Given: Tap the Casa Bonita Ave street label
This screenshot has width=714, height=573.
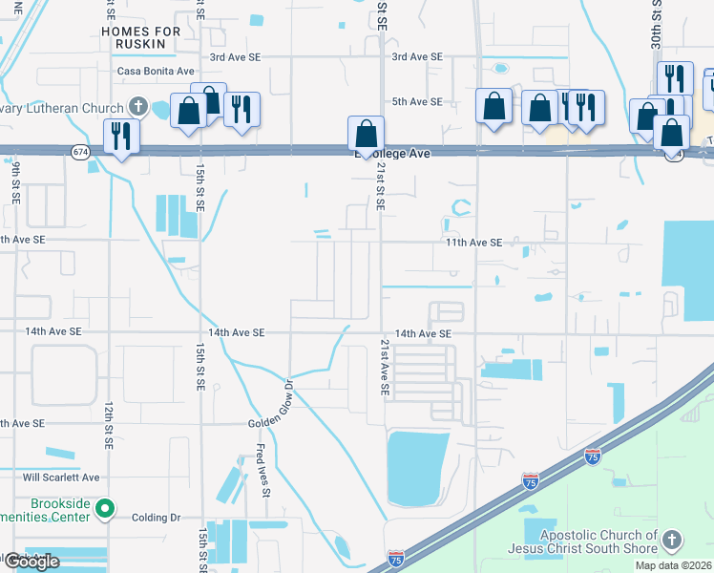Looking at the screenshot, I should pyautogui.click(x=156, y=72).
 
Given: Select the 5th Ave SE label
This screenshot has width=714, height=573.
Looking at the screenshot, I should pyautogui.click(x=417, y=101).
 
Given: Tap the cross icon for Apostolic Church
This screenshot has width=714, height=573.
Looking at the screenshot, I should pyautogui.click(x=672, y=541).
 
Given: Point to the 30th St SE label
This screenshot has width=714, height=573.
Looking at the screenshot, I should pyautogui.click(x=657, y=24).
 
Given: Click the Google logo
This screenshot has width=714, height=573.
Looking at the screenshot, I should pyautogui.click(x=31, y=561).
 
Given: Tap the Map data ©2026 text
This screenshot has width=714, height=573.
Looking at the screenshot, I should pyautogui.click(x=673, y=565).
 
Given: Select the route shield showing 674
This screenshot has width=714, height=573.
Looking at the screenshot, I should pyautogui.click(x=80, y=152).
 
